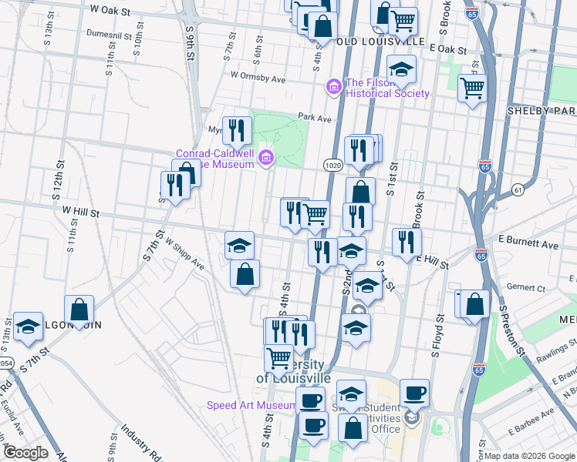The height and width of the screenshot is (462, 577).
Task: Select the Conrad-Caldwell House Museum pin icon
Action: (x=266, y=159)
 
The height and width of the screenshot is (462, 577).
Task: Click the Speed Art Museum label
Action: (x=251, y=406)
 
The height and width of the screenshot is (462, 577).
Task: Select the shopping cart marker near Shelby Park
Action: (x=472, y=88)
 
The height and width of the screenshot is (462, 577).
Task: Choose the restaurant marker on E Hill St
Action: (x=406, y=243)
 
